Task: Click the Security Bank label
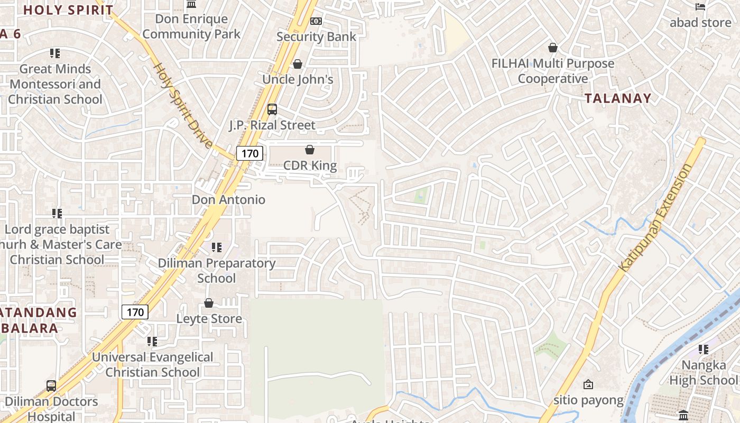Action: (316, 36)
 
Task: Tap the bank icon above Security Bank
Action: (316, 21)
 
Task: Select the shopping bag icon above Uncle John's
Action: (298, 64)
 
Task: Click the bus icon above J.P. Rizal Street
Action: (272, 109)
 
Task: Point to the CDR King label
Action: (310, 165)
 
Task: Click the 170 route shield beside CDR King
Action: (249, 153)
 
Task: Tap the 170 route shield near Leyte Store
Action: (135, 312)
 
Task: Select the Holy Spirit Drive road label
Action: (182, 106)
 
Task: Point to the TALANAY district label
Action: (618, 98)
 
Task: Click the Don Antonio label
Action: (228, 200)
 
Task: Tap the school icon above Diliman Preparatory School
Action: (216, 247)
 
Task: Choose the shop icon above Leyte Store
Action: (209, 303)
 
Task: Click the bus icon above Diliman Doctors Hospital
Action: (51, 385)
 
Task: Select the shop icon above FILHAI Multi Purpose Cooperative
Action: (552, 48)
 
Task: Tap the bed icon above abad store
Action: (700, 7)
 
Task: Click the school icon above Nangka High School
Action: (703, 349)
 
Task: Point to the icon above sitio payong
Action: (588, 384)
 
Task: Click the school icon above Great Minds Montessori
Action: (55, 53)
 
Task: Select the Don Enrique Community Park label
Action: (191, 26)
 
